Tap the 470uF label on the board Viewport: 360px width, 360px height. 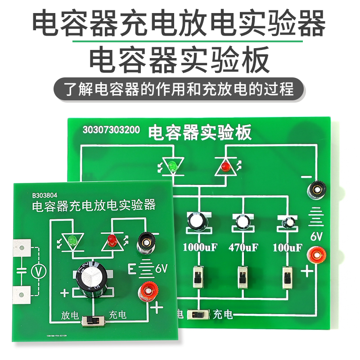coord(243,247)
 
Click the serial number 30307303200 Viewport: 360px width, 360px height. coord(111,130)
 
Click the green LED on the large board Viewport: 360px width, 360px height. coord(171,167)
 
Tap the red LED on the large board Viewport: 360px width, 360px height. coord(225,167)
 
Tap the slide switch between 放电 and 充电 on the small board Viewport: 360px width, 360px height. coord(93,322)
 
